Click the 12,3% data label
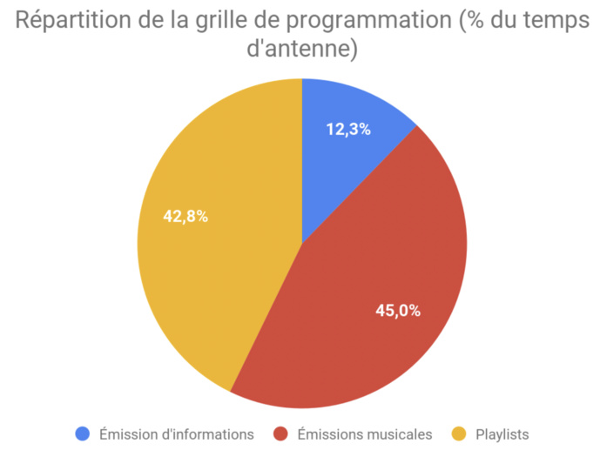(x=348, y=130)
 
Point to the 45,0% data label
(x=398, y=310)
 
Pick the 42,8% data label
(x=185, y=217)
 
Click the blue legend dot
(x=84, y=433)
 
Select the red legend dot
(x=282, y=433)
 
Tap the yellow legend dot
(x=459, y=433)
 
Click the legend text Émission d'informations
(x=177, y=433)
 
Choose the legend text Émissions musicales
(x=364, y=433)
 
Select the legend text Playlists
(x=502, y=433)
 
